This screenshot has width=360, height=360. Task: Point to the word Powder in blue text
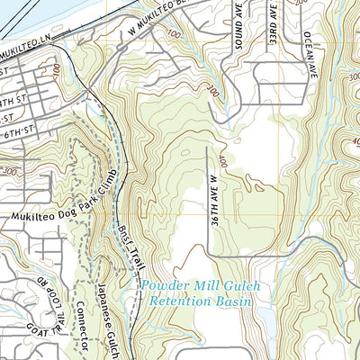pos(166,287)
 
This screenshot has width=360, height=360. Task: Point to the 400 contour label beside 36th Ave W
pos(222,162)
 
